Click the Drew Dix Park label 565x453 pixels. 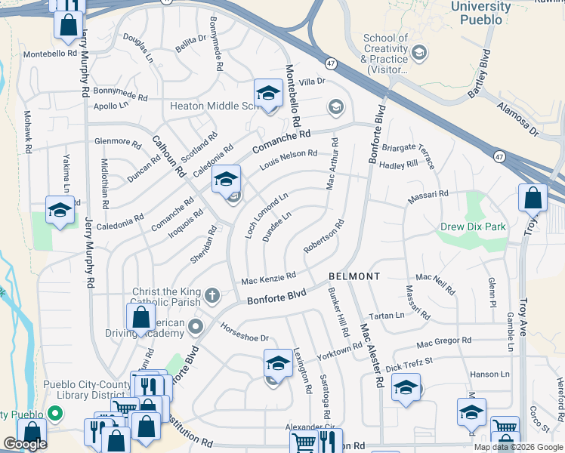click(474, 226)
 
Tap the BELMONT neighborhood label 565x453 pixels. click(354, 276)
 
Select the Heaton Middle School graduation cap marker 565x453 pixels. click(267, 94)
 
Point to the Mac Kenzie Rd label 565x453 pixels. click(268, 279)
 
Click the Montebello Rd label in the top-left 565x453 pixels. click(51, 54)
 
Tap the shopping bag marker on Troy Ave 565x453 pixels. click(533, 199)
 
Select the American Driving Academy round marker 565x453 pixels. click(196, 327)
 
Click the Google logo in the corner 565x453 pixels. click(25, 444)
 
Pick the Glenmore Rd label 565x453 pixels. click(118, 141)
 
